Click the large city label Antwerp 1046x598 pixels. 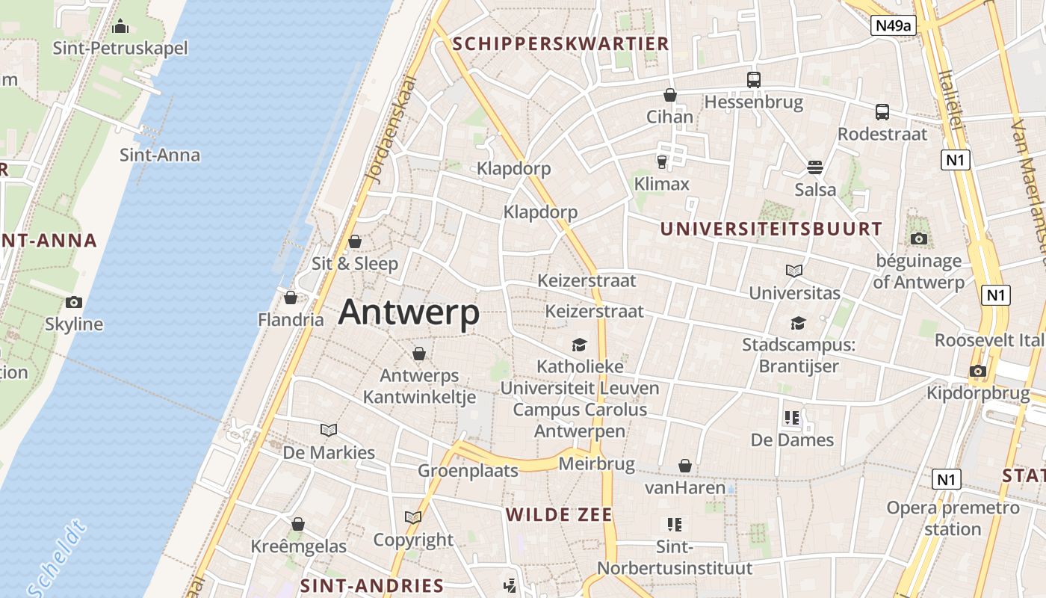pyautogui.click(x=409, y=312)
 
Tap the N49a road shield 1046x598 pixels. pyautogui.click(x=894, y=25)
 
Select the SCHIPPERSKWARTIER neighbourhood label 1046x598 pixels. pyautogui.click(x=560, y=43)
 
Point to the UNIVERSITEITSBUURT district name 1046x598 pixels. pyautogui.click(x=771, y=229)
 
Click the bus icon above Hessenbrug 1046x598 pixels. pyautogui.click(x=754, y=80)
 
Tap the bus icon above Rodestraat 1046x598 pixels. pyautogui.click(x=882, y=112)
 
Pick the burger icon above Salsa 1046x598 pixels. pyautogui.click(x=815, y=167)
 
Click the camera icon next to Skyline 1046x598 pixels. pyautogui.click(x=73, y=302)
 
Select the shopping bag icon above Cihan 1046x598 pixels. pyautogui.click(x=670, y=96)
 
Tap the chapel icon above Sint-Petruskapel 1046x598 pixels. pyautogui.click(x=120, y=27)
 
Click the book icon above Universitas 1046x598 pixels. pyautogui.click(x=794, y=271)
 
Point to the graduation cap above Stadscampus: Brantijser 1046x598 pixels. pyautogui.click(x=799, y=323)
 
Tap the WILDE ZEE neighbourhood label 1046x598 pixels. pyautogui.click(x=559, y=514)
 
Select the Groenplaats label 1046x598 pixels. pyautogui.click(x=468, y=471)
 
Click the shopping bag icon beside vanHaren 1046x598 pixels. pyautogui.click(x=685, y=466)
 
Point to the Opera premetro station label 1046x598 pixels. pyautogui.click(x=953, y=518)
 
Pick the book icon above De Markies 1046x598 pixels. pyautogui.click(x=329, y=430)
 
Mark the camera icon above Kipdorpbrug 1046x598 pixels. pyautogui.click(x=977, y=371)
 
